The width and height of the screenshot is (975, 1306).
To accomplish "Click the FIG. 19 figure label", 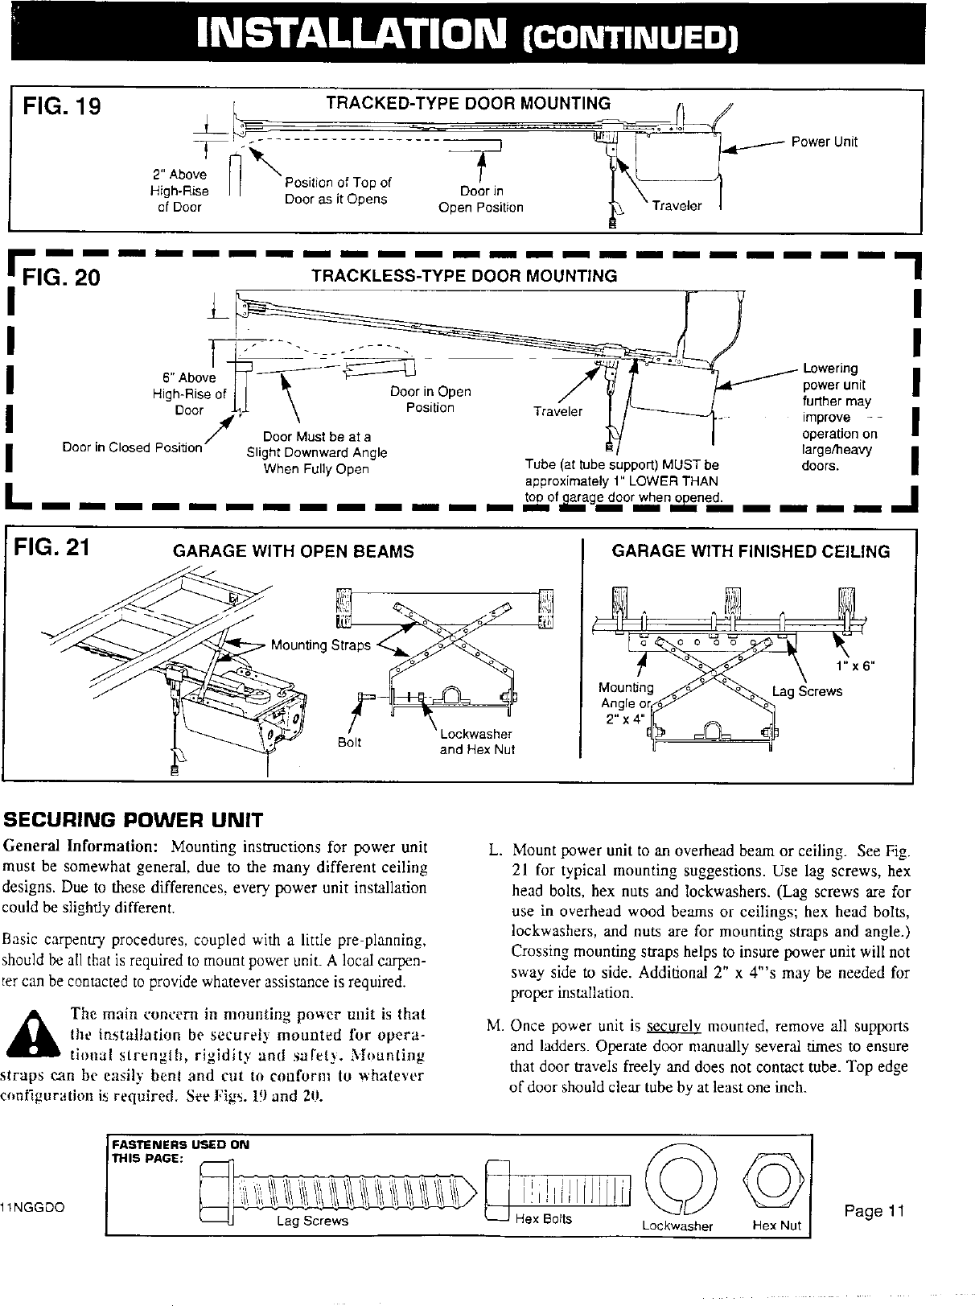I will (62, 107).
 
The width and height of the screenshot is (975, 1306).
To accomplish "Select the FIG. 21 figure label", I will (55, 548).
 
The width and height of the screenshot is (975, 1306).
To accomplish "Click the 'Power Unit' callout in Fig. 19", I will (824, 142).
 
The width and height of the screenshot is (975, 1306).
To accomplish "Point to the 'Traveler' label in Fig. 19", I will (677, 206).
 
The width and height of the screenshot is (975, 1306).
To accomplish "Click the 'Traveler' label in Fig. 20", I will (558, 412).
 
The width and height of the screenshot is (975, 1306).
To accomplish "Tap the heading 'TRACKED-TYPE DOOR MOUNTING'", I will (467, 104).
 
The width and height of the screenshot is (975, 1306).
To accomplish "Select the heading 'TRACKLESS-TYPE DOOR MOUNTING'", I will (464, 276).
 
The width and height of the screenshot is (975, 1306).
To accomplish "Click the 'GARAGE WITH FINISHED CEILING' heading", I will (751, 552).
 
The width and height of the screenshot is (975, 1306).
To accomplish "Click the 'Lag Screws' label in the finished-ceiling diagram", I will (807, 691).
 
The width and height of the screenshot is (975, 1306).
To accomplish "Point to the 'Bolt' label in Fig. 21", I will (349, 742).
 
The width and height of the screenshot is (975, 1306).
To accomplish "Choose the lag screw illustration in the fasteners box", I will (338, 1189).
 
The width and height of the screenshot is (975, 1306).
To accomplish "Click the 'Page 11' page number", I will (875, 1212).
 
